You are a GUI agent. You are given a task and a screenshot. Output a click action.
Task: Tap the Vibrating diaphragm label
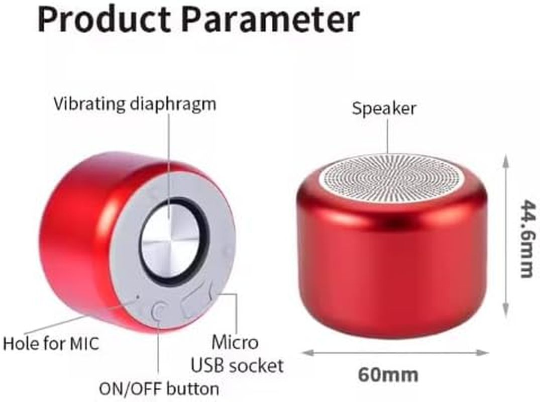(135, 104)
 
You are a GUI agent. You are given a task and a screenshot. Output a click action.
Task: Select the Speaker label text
(384, 108)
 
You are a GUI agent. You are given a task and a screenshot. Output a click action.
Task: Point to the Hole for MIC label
(51, 344)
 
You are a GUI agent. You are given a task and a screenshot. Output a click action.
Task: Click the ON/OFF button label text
(159, 388)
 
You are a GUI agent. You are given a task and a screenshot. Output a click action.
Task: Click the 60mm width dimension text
(388, 374)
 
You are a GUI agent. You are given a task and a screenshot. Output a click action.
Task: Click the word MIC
(82, 344)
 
